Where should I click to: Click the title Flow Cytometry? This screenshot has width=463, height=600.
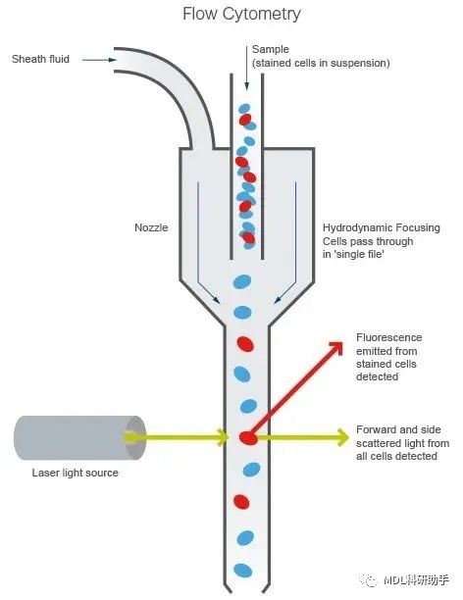(x=241, y=14)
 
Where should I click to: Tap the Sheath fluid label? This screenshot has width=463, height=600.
(x=40, y=59)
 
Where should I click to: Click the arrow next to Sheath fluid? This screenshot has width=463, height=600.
(x=99, y=60)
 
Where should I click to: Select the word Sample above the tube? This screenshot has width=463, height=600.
(x=271, y=49)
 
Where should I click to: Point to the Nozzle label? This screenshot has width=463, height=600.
(x=151, y=227)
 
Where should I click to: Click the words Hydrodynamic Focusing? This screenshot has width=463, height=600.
(x=381, y=228)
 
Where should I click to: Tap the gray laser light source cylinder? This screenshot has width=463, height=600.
(x=80, y=438)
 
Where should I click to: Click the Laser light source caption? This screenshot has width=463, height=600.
(x=76, y=473)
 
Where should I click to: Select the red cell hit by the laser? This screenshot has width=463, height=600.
(x=248, y=438)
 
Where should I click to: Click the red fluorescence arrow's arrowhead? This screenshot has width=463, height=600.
(x=336, y=347)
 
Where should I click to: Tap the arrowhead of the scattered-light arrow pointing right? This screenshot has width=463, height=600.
(x=343, y=437)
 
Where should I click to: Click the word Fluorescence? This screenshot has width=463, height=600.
(x=388, y=337)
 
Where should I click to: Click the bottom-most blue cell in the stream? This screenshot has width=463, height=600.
(x=243, y=571)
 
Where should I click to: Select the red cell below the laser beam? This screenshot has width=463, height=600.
(x=241, y=502)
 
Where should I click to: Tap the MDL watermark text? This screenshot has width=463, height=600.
(x=416, y=580)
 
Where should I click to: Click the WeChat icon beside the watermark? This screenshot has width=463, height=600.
(x=370, y=580)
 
